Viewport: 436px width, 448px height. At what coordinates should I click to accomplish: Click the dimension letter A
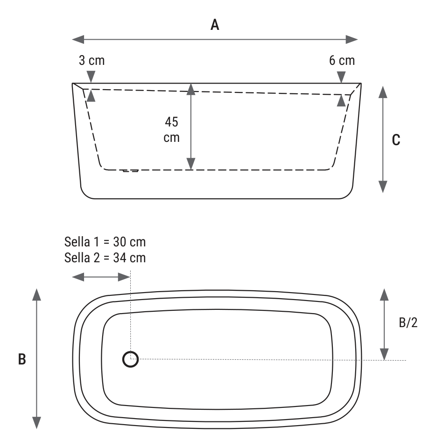[215, 25]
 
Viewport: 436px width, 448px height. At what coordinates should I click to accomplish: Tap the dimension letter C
[396, 140]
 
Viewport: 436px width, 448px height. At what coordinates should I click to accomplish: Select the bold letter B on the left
[22, 359]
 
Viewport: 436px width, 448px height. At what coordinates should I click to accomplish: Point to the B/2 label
[408, 322]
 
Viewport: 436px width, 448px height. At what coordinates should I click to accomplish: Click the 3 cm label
[91, 60]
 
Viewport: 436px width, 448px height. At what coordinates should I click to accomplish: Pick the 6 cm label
[342, 60]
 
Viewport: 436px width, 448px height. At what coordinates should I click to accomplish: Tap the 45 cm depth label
[171, 130]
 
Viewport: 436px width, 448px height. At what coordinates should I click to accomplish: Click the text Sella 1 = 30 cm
[105, 242]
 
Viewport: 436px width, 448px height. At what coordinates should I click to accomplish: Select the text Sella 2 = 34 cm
[105, 258]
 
